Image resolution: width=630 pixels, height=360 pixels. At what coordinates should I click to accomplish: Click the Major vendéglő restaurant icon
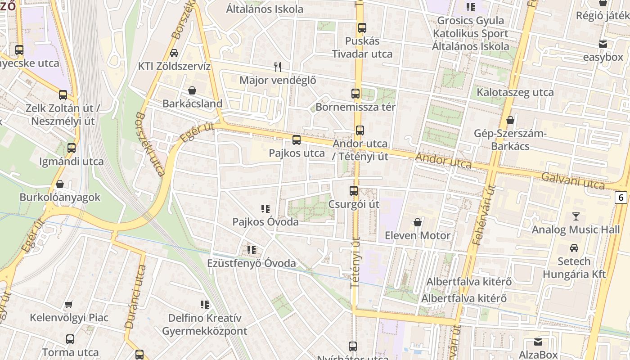click(x=278, y=67)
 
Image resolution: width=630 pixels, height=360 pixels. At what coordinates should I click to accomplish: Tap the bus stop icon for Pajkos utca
click(x=297, y=140)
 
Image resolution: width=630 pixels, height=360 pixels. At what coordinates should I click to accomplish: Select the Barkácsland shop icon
click(x=192, y=90)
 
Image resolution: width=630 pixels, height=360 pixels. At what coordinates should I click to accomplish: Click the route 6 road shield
click(x=621, y=197)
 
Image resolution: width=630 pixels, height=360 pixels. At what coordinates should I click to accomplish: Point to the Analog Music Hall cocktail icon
click(x=576, y=216)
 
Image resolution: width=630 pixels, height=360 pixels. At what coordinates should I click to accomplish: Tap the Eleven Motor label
click(x=417, y=235)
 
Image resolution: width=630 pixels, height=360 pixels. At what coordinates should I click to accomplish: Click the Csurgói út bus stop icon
click(x=354, y=191)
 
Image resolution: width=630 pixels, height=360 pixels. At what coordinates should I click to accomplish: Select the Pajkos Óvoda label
click(x=265, y=222)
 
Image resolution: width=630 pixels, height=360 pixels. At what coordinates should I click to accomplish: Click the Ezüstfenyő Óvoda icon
click(x=252, y=250)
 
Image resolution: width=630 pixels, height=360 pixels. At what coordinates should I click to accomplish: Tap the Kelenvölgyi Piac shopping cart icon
click(x=69, y=305)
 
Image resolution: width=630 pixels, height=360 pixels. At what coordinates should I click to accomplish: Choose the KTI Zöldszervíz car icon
click(x=174, y=53)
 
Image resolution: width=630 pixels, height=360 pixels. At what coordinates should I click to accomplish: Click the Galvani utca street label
click(x=573, y=180)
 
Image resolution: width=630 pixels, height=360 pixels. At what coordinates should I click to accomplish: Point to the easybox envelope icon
click(x=603, y=44)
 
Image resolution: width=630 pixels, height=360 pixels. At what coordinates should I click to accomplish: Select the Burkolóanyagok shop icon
click(x=60, y=184)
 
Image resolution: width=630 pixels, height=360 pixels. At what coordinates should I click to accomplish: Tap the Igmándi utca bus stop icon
click(x=71, y=148)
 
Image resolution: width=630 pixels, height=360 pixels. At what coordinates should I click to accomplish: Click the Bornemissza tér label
click(x=355, y=107)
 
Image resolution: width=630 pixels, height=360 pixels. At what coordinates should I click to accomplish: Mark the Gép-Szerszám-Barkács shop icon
click(x=510, y=120)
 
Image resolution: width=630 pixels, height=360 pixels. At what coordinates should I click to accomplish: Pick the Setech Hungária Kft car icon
click(x=574, y=248)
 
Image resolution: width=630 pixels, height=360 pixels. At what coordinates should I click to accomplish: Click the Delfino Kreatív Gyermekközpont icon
click(x=205, y=305)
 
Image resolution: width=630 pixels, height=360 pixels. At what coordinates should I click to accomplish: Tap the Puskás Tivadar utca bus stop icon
click(x=362, y=28)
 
